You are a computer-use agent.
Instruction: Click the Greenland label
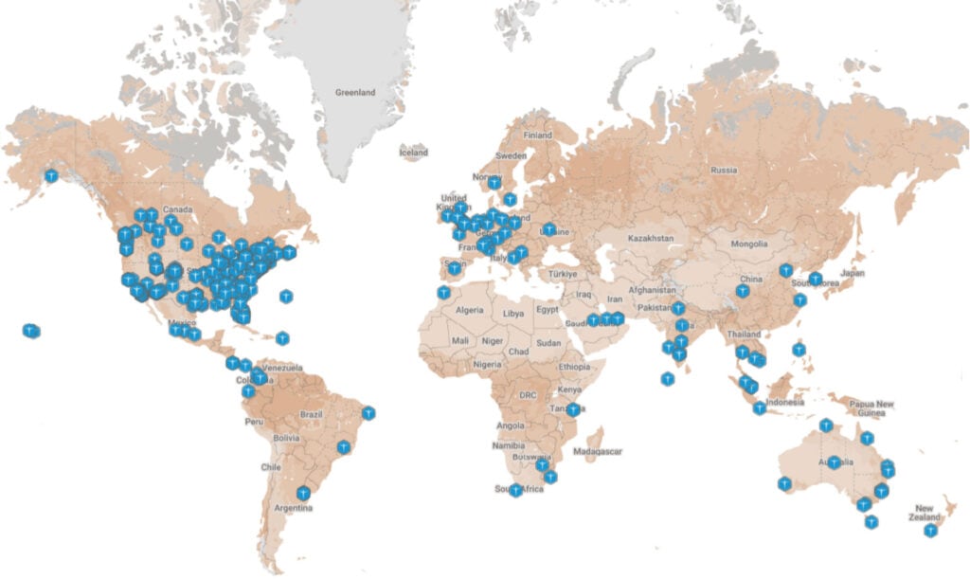coord(356,93)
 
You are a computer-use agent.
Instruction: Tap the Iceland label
coord(414,153)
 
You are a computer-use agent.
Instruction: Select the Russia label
coord(724,171)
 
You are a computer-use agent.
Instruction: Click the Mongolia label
coord(748,244)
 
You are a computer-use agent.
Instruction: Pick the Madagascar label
coord(601,452)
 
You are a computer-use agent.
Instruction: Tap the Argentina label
coord(295,508)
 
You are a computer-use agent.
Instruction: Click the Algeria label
coord(470,310)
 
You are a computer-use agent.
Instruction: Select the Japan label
coord(853,273)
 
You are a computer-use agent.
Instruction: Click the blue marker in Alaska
coord(52,175)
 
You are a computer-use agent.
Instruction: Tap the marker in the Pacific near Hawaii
coord(31,331)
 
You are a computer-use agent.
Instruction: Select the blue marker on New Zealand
coord(931,531)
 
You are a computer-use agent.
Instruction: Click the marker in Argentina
coord(302,493)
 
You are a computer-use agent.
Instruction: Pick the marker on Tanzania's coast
coord(573,410)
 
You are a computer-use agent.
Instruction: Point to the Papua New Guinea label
coord(871,408)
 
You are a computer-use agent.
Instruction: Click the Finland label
coord(537,136)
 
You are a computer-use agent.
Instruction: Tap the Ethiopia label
coord(573,367)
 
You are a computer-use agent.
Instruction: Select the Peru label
coord(253,421)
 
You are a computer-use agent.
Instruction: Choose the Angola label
coord(510,425)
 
